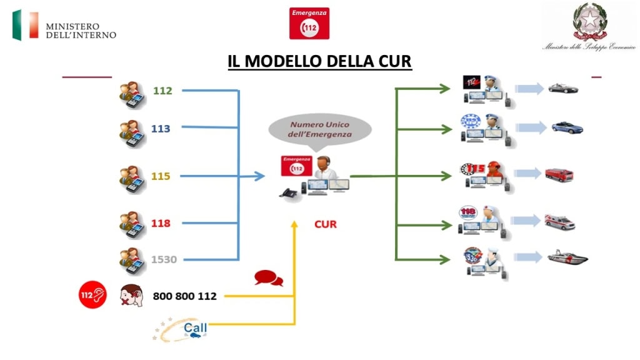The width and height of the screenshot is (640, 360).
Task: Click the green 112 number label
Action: pyautogui.click(x=162, y=91)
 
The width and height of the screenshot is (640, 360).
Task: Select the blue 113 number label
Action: pyautogui.click(x=161, y=129)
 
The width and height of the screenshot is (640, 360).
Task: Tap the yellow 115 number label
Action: pyautogui.click(x=161, y=176)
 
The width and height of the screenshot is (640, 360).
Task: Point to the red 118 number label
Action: pyautogui.click(x=161, y=223)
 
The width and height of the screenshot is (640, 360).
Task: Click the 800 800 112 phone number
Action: pyautogui.click(x=184, y=296)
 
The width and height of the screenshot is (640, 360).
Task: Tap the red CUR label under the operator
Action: pyautogui.click(x=325, y=224)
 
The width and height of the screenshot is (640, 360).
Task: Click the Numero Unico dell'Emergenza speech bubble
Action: pyautogui.click(x=320, y=129)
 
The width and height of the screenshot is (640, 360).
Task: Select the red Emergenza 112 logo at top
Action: pyautogui.click(x=309, y=24)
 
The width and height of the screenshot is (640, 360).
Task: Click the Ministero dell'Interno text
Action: pyautogui.click(x=81, y=30)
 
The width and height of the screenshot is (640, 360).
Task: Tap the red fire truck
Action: pyautogui.click(x=559, y=175)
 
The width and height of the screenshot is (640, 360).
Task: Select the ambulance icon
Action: pyautogui.click(x=559, y=222)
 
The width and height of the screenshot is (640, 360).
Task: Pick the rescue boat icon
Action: pyautogui.click(x=567, y=256)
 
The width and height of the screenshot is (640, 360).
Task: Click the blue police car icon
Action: pyautogui.click(x=567, y=127)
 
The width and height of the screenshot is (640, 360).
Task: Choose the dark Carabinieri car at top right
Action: pyautogui.click(x=563, y=88)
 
